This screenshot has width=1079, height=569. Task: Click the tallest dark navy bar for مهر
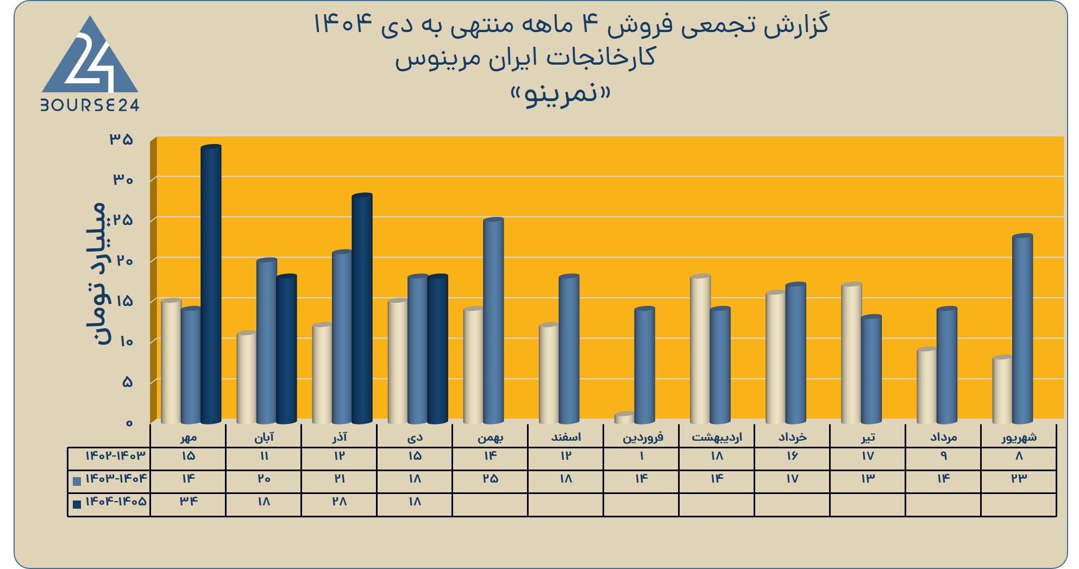pyautogui.click(x=211, y=284)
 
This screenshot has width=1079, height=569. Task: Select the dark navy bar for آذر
pyautogui.click(x=362, y=309)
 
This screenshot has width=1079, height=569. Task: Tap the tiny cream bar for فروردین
pyautogui.click(x=624, y=418)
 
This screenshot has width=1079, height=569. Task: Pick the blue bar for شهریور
pyautogui.click(x=1022, y=329)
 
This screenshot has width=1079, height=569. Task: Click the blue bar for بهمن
pyautogui.click(x=493, y=321)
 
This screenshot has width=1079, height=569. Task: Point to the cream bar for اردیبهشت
pyautogui.click(x=700, y=349)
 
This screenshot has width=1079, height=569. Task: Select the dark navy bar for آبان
pyautogui.click(x=286, y=349)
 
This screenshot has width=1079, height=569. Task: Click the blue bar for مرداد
pyautogui.click(x=947, y=365)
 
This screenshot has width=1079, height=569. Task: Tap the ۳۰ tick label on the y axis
pyautogui.click(x=123, y=179)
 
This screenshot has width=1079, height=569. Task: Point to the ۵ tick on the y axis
pyautogui.click(x=128, y=382)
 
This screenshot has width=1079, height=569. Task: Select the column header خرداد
pyautogui.click(x=792, y=437)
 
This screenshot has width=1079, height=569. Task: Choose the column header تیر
pyautogui.click(x=868, y=437)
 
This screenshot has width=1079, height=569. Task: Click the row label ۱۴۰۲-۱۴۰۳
pyautogui.click(x=116, y=455)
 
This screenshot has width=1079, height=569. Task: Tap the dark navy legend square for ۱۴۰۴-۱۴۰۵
pyautogui.click(x=77, y=504)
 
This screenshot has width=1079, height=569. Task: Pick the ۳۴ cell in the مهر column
pyautogui.click(x=189, y=501)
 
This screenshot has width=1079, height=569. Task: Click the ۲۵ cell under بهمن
pyautogui.click(x=490, y=478)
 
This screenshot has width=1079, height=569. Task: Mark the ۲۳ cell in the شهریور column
pyautogui.click(x=1019, y=478)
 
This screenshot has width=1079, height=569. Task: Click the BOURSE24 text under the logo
pyautogui.click(x=90, y=105)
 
